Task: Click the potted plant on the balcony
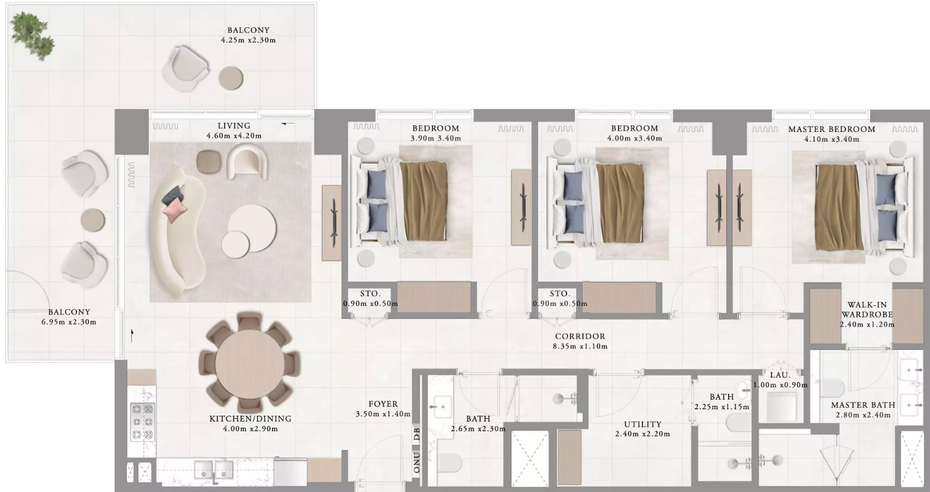coord(32,36)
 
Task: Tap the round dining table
coord(250,363)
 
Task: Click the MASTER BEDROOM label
coord(832,129)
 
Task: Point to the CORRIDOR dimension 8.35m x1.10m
coord(580,347)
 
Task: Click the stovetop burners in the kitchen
coord(142,422)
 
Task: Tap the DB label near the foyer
coord(417,434)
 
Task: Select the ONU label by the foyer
coord(417,462)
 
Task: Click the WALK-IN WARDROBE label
coord(867,310)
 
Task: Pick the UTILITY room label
coord(643,424)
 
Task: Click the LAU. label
coord(780,375)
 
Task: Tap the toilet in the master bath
coord(832,388)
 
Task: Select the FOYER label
coord(383,403)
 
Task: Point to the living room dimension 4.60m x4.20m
coord(233,136)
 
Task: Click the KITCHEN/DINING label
coord(250,418)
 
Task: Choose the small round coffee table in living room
coord(235,244)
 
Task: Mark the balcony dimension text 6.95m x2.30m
coord(69,322)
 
